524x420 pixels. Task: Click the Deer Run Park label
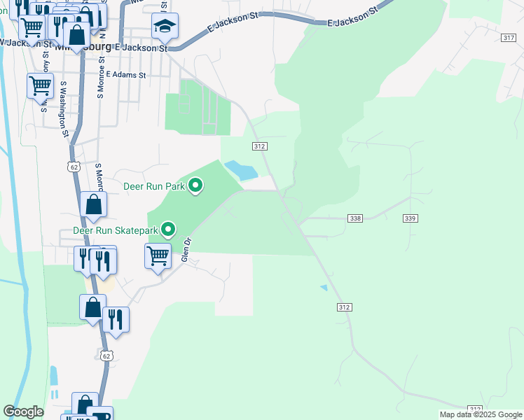tap(153, 187)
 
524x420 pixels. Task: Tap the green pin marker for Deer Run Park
tap(196, 185)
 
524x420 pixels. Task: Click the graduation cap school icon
tap(165, 26)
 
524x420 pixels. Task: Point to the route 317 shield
tap(509, 37)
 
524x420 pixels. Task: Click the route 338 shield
tap(354, 218)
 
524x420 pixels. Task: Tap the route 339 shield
tap(411, 218)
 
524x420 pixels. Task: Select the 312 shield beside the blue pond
tap(259, 146)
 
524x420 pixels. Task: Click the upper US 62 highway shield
tap(74, 167)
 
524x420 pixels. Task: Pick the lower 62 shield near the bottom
tap(106, 356)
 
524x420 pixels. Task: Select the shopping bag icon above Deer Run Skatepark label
tap(93, 204)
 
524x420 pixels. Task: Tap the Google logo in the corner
tap(23, 412)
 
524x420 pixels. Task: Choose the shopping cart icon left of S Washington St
tap(40, 85)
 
